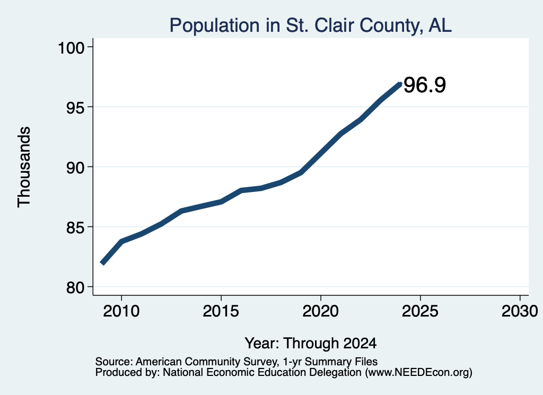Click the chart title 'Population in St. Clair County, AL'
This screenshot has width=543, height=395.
pyautogui.click(x=310, y=25)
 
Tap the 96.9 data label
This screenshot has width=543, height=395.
pyautogui.click(x=425, y=85)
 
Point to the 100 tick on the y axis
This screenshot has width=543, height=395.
pyautogui.click(x=71, y=47)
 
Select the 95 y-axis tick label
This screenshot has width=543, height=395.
pyautogui.click(x=75, y=107)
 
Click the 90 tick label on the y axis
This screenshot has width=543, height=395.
pyautogui.click(x=75, y=167)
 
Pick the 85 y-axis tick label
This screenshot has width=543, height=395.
pyautogui.click(x=75, y=227)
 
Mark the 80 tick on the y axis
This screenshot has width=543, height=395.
pyautogui.click(x=75, y=287)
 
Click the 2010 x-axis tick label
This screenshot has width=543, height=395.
pyautogui.click(x=121, y=311)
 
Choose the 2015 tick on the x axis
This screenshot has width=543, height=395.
pyautogui.click(x=221, y=311)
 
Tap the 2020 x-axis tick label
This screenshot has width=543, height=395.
pyautogui.click(x=321, y=311)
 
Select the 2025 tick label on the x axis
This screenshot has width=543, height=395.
pyautogui.click(x=420, y=311)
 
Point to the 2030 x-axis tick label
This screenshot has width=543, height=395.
pyautogui.click(x=520, y=311)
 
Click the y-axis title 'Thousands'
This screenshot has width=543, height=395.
pyautogui.click(x=24, y=167)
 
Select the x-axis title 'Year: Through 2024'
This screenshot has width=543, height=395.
pyautogui.click(x=311, y=343)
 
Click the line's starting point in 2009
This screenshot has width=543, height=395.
pyautogui.click(x=102, y=263)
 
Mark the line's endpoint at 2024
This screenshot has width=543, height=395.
pyautogui.click(x=400, y=84)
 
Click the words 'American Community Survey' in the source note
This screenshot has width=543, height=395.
pyautogui.click(x=206, y=362)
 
